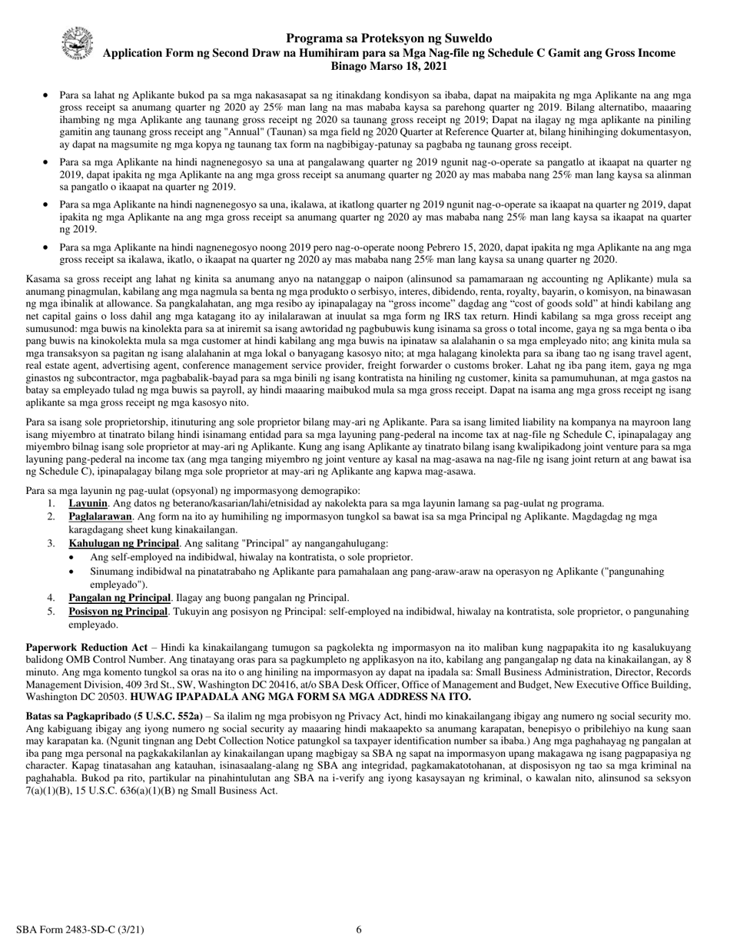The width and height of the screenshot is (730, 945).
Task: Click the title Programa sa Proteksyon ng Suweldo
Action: click(x=389, y=38)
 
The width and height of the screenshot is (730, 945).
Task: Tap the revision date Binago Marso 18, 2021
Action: click(x=389, y=67)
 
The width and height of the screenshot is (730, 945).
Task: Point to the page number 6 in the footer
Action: click(x=359, y=930)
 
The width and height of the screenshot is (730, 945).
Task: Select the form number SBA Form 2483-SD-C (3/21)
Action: click(x=80, y=930)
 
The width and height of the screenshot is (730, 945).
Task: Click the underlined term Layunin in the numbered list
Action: click(x=88, y=503)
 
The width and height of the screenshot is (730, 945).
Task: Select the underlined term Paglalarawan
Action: click(x=100, y=517)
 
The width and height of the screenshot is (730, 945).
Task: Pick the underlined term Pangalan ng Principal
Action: click(x=119, y=598)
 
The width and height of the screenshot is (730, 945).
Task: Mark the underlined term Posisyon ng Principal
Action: click(x=118, y=612)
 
